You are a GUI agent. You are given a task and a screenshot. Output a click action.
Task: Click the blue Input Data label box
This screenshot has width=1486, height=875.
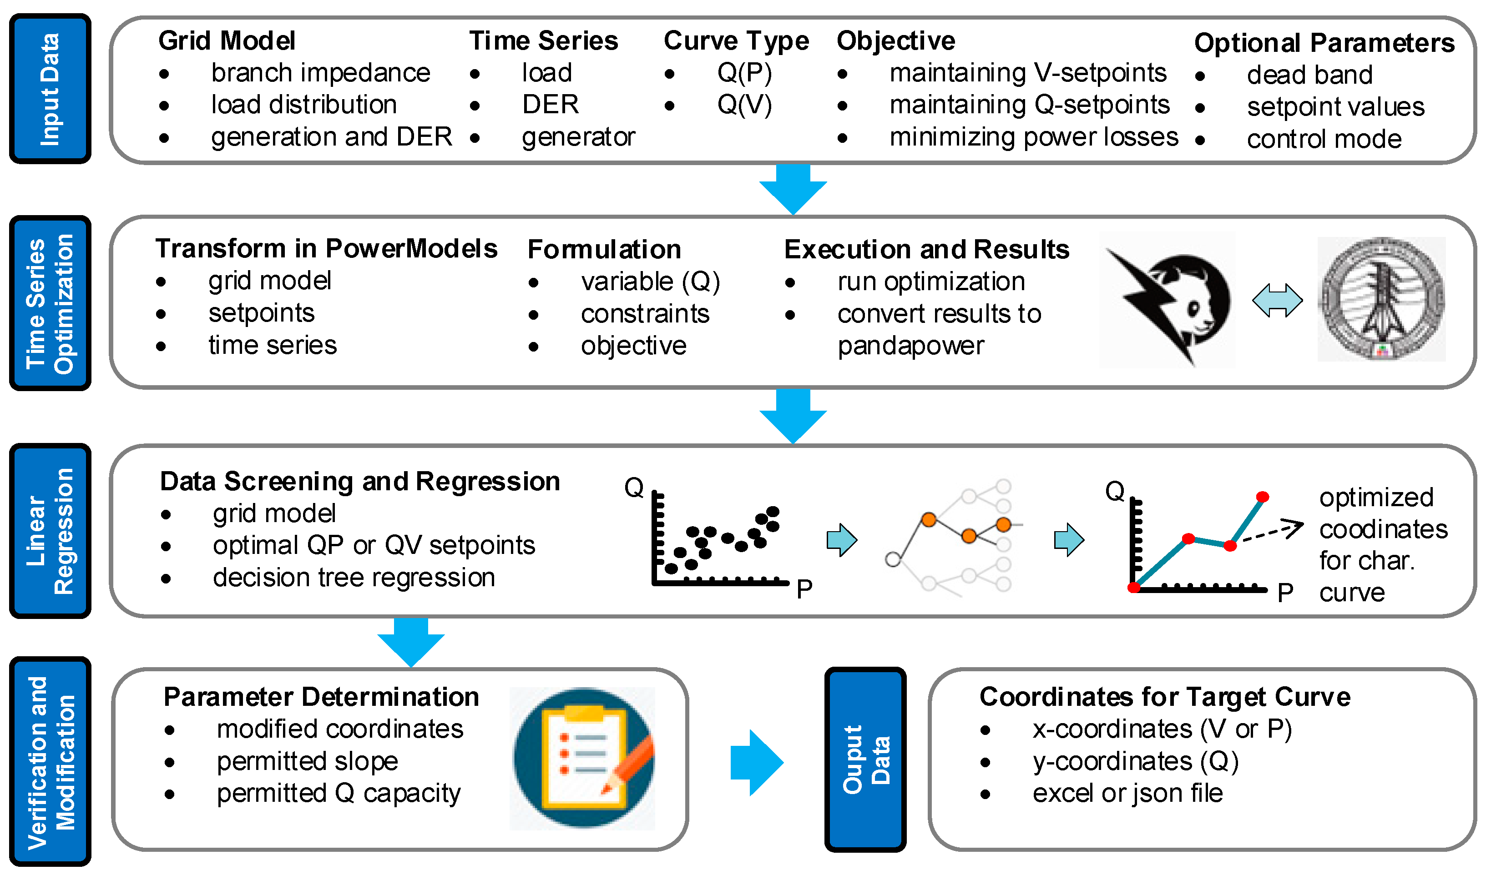click(50, 88)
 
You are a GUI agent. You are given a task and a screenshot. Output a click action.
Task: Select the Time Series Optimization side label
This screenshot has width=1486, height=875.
click(50, 303)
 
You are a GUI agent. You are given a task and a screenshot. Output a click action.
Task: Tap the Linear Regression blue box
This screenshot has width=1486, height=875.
click(50, 531)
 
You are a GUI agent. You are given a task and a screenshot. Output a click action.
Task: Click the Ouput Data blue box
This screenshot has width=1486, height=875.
click(865, 759)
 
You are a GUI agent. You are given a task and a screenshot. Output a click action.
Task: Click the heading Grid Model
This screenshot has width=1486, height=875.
click(227, 40)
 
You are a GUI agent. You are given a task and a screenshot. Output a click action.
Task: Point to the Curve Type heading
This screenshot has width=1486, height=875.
click(736, 40)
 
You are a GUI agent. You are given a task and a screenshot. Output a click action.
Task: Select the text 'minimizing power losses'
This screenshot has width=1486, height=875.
click(1034, 137)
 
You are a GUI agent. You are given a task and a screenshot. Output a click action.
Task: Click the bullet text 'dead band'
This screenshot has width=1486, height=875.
click(1309, 75)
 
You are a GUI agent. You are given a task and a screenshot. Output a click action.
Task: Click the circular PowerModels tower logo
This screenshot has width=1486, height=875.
click(1382, 300)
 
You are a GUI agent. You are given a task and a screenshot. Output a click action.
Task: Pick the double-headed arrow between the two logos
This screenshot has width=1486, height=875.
click(1277, 301)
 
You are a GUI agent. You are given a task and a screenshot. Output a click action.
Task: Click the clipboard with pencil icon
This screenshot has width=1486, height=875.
click(583, 758)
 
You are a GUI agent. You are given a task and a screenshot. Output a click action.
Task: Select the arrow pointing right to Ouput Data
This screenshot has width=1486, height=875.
click(757, 762)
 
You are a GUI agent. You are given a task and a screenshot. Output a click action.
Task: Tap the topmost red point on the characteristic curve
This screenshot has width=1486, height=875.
click(1263, 497)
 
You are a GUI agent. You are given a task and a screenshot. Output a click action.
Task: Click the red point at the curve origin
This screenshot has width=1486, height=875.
click(1133, 587)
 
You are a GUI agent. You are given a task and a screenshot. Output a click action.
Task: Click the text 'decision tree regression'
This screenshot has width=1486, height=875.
click(354, 577)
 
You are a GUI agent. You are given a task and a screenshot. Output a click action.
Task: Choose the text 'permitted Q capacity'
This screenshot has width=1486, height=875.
click(339, 793)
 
